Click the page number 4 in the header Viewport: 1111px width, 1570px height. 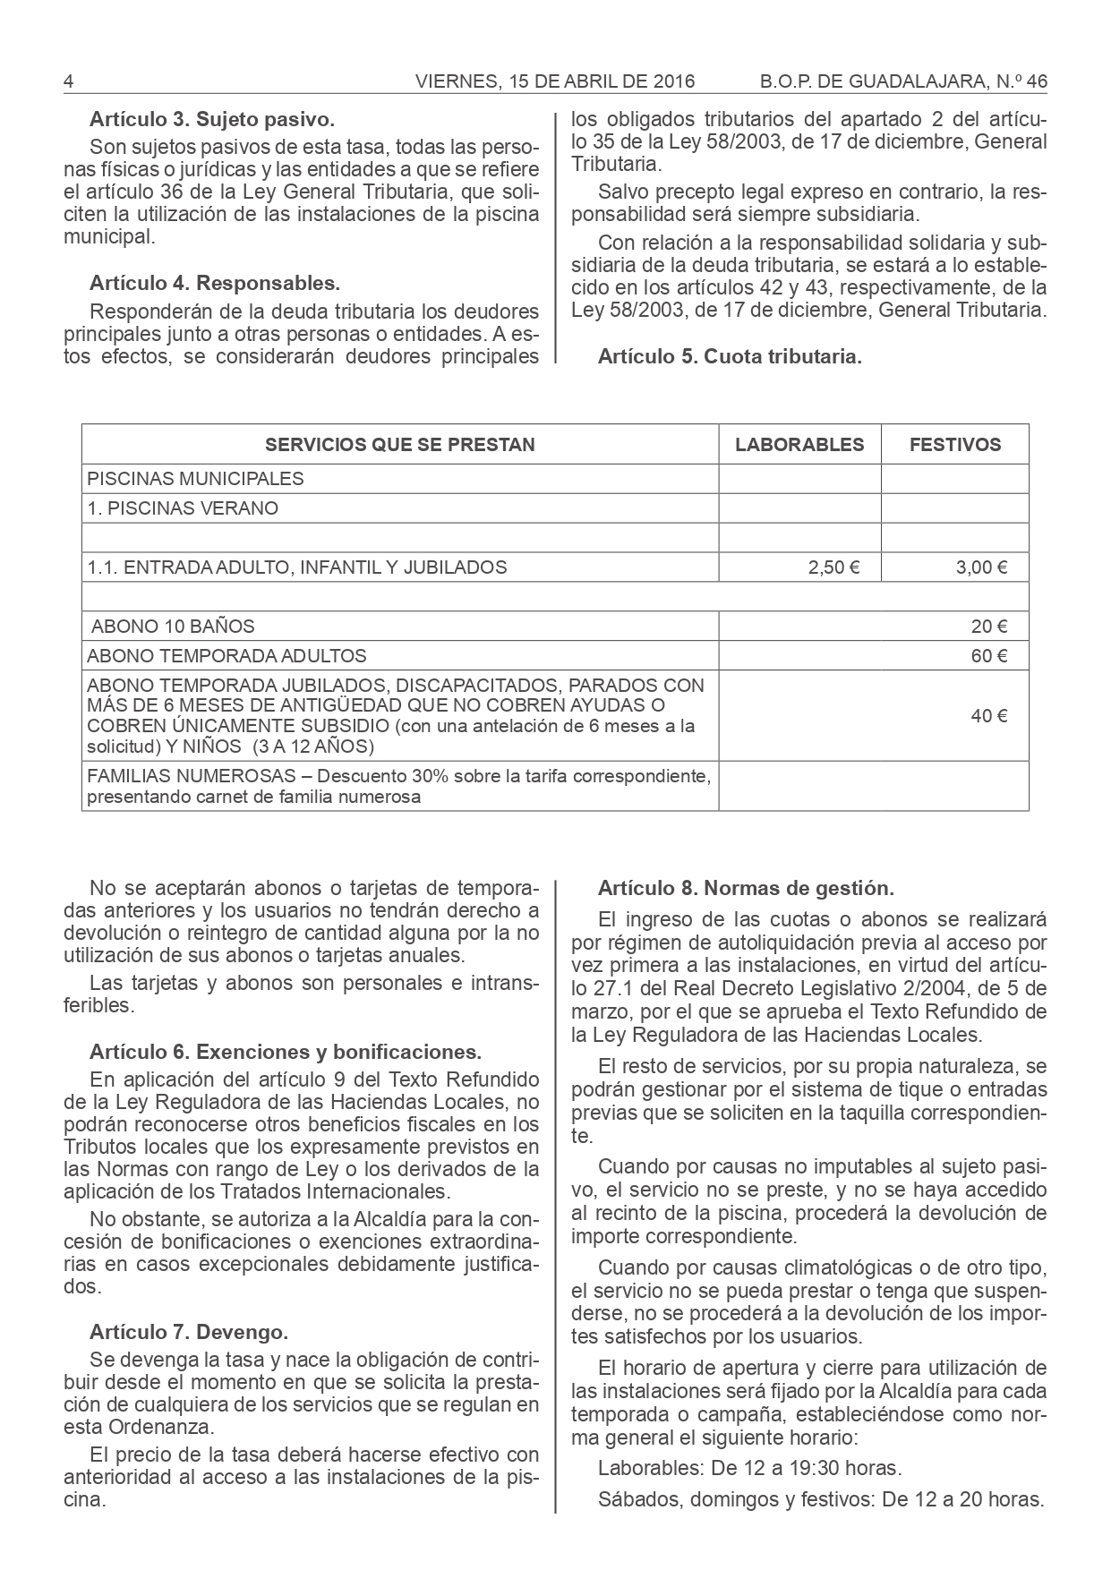click(68, 81)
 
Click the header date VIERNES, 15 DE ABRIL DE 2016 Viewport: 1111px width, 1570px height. click(555, 81)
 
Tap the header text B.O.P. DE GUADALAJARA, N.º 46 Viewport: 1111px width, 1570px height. click(902, 81)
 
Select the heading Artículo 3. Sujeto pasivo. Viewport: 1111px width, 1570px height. click(212, 118)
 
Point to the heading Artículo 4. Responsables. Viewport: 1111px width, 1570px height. click(215, 284)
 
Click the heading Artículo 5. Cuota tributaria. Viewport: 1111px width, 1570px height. click(730, 356)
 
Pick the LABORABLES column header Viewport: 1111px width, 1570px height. click(799, 445)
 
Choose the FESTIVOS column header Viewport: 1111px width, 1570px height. click(955, 445)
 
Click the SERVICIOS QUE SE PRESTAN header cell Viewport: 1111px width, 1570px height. click(400, 445)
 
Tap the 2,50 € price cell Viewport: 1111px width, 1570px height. click(833, 567)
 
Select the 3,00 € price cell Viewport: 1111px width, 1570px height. click(982, 567)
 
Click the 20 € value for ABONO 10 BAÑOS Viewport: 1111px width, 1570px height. click(989, 627)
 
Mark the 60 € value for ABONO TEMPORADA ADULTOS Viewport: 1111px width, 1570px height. click(989, 656)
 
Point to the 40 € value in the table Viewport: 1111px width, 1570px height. click(989, 716)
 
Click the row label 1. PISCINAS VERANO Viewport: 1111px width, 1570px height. click(183, 508)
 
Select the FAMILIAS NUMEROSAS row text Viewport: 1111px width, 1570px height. click(399, 786)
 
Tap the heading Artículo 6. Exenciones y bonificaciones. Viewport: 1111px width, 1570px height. click(286, 1051)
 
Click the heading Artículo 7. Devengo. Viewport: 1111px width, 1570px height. click(189, 1332)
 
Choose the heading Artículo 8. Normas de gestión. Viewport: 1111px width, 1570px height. click(746, 889)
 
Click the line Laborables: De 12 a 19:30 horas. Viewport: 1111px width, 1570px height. click(749, 1468)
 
